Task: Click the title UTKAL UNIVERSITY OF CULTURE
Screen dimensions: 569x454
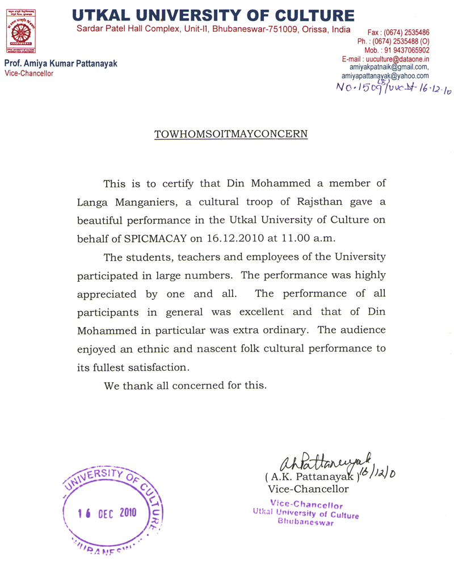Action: [213, 15]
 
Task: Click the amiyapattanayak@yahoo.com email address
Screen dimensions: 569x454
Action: [385, 76]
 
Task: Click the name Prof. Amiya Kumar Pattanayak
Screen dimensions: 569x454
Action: [61, 64]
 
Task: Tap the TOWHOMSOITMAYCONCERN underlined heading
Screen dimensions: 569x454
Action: [231, 134]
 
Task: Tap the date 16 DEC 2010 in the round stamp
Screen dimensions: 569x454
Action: [107, 512]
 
